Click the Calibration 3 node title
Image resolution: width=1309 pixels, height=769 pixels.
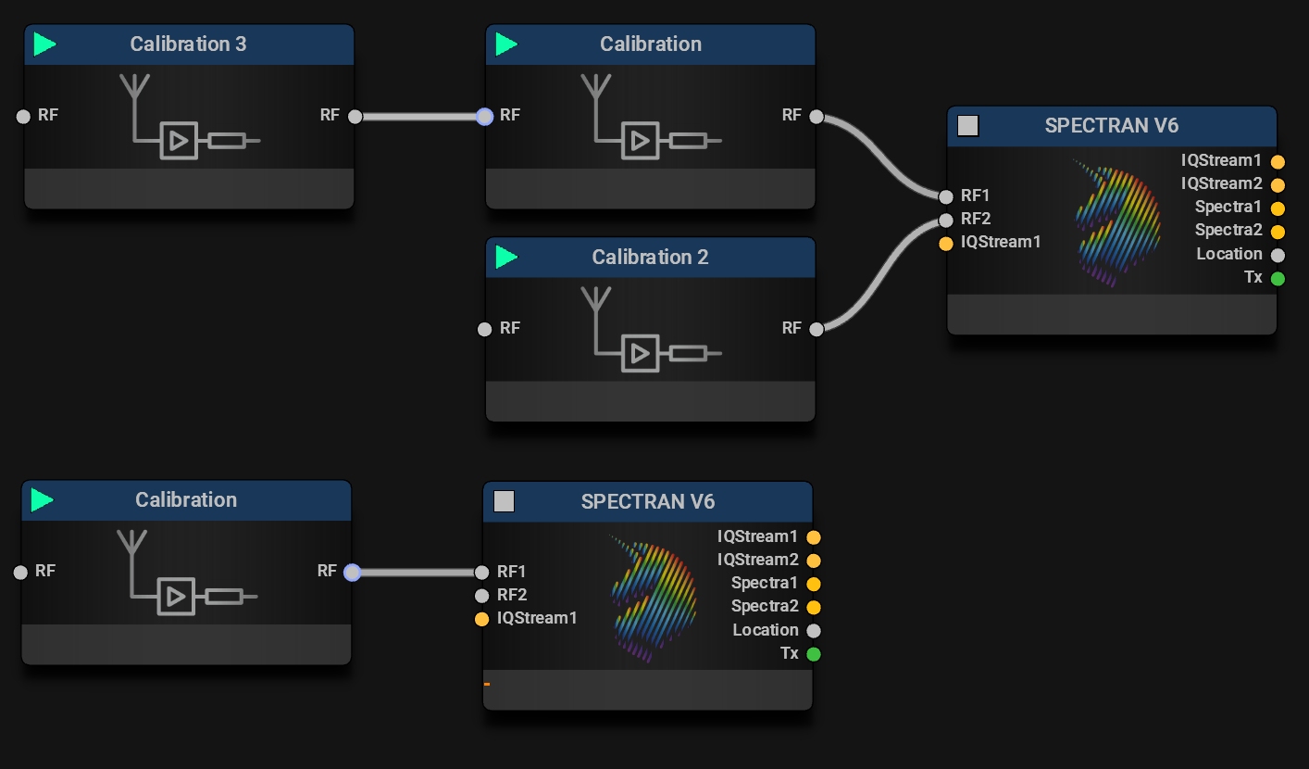click(188, 44)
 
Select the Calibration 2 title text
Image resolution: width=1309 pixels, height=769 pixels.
click(650, 258)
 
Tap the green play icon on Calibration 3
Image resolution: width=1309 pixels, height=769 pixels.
click(44, 44)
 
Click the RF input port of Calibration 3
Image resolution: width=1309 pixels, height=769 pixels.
click(24, 117)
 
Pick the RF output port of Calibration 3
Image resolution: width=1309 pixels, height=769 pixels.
click(355, 117)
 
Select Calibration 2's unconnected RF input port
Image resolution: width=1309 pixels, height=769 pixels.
click(484, 329)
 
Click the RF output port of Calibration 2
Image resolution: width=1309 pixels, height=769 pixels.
click(816, 329)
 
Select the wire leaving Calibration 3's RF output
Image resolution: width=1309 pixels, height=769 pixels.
click(418, 117)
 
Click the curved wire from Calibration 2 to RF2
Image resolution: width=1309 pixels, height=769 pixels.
click(879, 274)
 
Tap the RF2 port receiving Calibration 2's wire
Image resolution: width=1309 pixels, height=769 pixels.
click(945, 220)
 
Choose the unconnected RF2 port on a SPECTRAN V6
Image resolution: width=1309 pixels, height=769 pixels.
click(481, 596)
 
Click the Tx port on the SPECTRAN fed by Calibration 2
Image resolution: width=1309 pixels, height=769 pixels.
click(1278, 278)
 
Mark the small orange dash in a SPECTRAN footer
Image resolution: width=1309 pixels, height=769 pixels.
click(487, 685)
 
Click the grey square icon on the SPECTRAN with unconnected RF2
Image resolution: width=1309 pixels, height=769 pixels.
click(504, 502)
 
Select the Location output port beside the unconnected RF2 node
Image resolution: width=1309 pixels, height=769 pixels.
click(814, 631)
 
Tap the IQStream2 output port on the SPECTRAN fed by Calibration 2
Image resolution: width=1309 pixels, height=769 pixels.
click(1278, 184)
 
